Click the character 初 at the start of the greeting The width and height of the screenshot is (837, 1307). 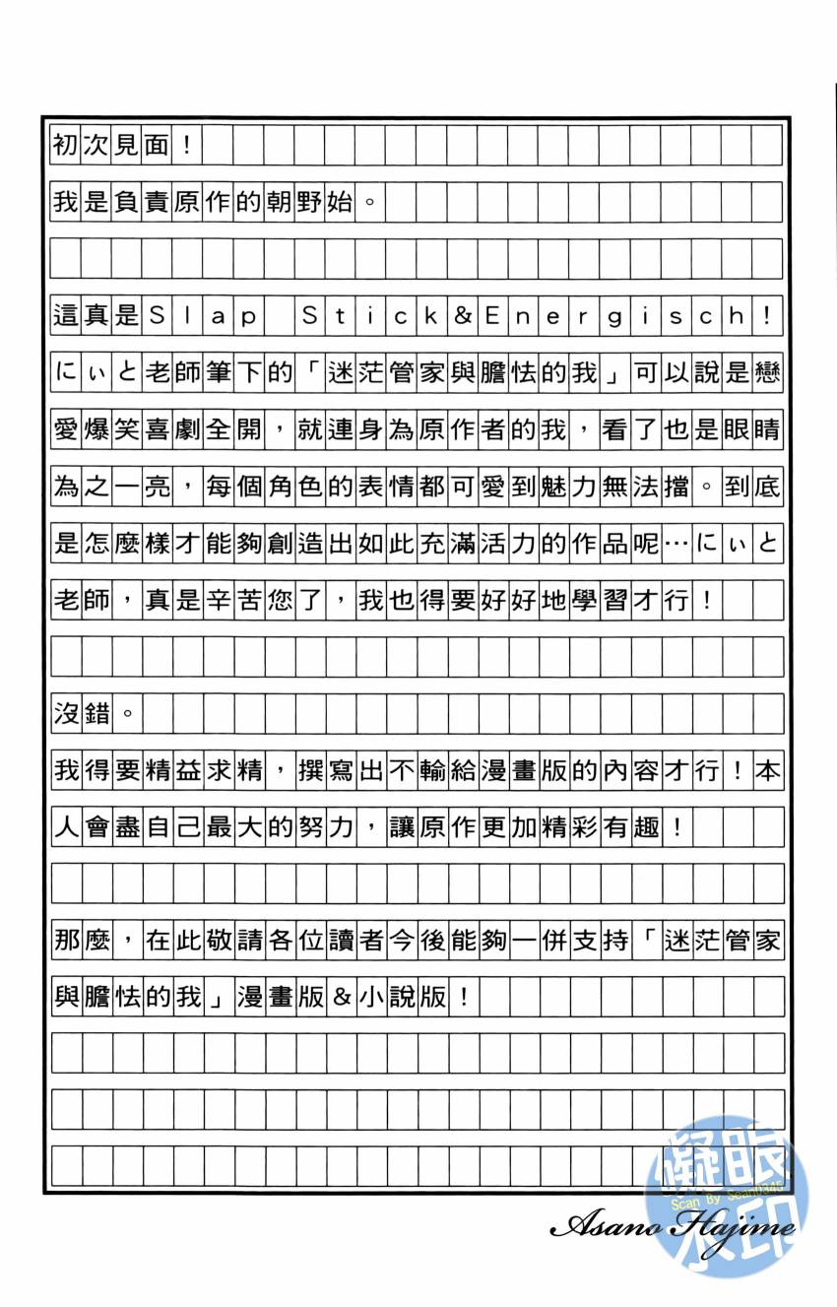click(66, 148)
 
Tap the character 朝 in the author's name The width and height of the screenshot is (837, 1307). click(281, 205)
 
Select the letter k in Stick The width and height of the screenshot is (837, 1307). click(431, 318)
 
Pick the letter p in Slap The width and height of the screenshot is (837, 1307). click(248, 318)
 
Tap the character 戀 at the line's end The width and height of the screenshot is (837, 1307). click(766, 375)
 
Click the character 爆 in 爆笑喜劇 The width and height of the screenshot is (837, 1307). click(97, 431)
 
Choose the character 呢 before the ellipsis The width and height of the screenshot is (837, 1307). click(644, 545)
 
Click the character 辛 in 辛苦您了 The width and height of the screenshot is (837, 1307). click(219, 601)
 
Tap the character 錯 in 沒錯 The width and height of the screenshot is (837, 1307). click(97, 714)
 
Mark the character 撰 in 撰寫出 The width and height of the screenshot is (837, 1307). click(310, 771)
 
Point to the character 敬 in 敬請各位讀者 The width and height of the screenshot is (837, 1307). click(219, 941)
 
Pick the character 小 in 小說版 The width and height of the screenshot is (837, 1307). click(370, 998)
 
